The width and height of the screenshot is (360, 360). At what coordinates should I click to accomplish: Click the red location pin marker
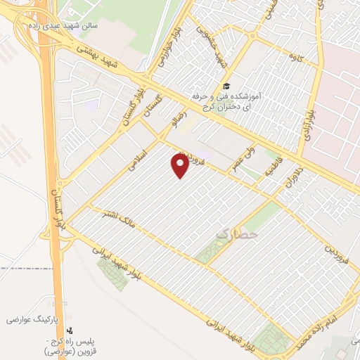181,165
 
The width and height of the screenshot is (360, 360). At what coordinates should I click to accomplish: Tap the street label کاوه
304,58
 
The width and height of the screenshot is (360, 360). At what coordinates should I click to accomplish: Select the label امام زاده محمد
325,320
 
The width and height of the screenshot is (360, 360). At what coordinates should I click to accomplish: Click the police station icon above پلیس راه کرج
69,329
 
